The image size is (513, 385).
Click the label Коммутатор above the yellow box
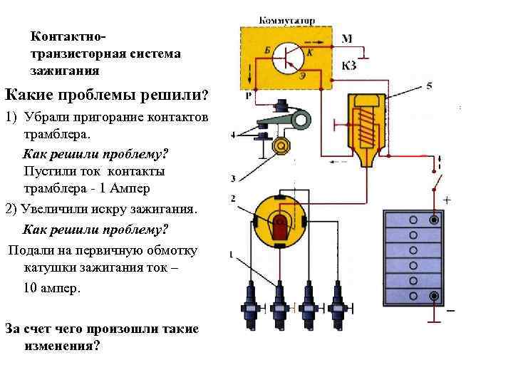point(286,21)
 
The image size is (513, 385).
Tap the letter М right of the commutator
point(346,38)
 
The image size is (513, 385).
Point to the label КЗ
point(349,66)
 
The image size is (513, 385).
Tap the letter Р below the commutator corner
point(247,95)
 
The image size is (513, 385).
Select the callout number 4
point(234,135)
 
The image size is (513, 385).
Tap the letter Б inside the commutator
point(267,48)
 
